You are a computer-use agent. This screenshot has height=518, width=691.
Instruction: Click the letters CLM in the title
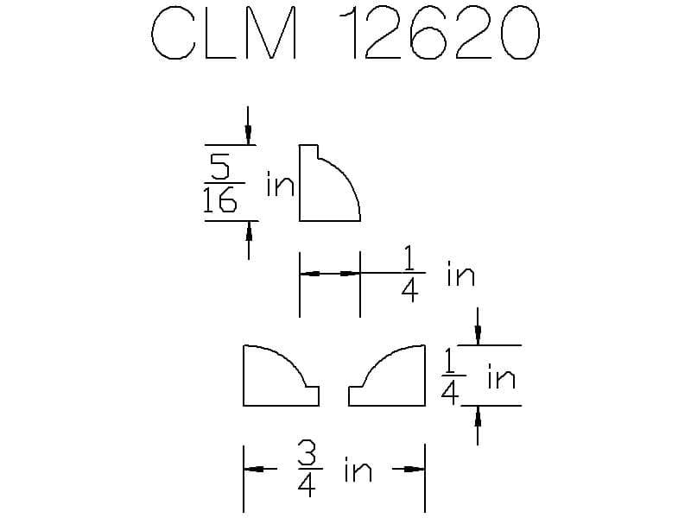224,33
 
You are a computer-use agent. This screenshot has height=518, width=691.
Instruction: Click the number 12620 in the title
440,33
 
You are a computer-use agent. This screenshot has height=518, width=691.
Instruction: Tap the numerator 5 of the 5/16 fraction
219,167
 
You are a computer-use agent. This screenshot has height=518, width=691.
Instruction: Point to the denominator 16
220,199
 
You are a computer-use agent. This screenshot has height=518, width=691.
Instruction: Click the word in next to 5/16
280,184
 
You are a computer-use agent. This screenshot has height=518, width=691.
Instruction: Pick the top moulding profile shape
330,183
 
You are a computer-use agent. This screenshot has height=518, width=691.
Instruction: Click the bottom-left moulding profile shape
282,376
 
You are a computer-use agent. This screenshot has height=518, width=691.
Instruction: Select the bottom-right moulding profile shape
387,376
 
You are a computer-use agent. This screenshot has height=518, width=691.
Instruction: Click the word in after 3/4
358,470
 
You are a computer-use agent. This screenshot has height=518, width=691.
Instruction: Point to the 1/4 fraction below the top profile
409,274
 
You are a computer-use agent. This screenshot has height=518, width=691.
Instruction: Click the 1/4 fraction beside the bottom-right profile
449,376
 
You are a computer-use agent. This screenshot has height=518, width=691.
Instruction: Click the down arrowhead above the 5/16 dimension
248,135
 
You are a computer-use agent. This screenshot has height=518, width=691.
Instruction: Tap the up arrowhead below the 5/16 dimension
249,231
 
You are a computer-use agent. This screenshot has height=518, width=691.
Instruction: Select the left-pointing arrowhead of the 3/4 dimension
254,469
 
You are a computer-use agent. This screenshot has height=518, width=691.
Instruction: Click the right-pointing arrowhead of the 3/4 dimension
415,469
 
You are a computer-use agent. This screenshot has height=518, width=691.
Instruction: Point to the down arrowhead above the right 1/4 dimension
478,335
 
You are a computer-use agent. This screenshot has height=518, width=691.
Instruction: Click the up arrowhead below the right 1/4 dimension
478,416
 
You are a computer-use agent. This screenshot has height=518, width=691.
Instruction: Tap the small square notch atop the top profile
308,151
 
